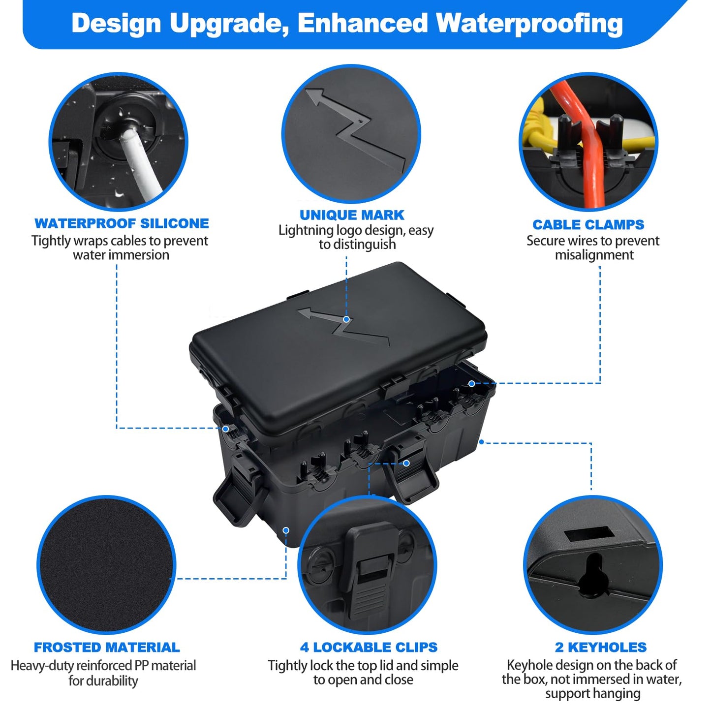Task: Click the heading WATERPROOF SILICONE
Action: [122, 223]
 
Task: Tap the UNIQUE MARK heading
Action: [352, 215]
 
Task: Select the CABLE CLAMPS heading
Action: [588, 225]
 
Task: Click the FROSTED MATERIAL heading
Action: [107, 647]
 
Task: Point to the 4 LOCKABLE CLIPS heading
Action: [369, 647]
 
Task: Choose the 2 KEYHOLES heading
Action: [600, 647]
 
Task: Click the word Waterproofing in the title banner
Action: [529, 24]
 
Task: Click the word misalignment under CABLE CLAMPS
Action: [594, 255]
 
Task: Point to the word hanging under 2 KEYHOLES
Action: [616, 694]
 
